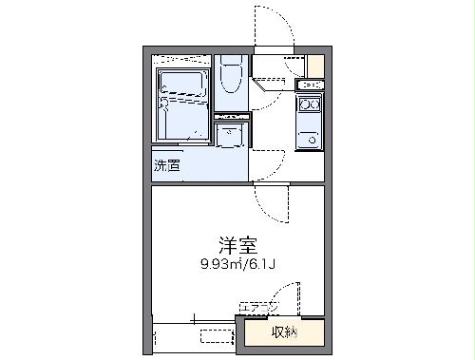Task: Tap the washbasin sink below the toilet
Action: pyautogui.click(x=231, y=135)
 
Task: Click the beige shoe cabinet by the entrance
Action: pyautogui.click(x=315, y=66)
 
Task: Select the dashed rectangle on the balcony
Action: pyautogui.click(x=217, y=334)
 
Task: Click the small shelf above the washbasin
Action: pyautogui.click(x=231, y=117)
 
